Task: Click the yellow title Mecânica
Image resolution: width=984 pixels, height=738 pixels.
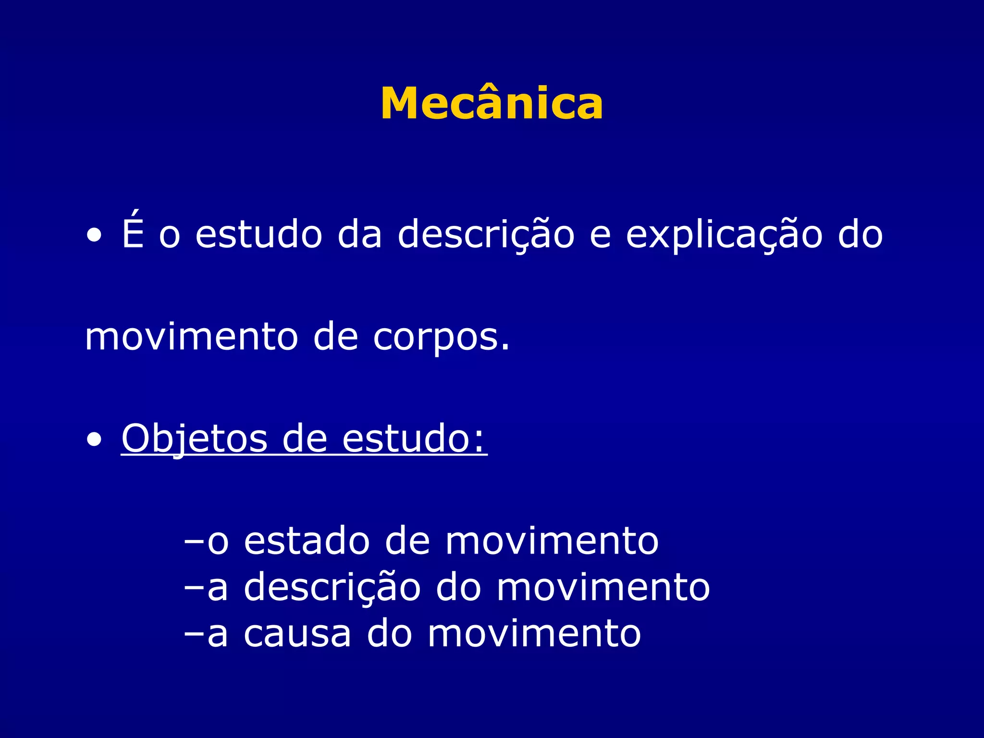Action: (x=492, y=103)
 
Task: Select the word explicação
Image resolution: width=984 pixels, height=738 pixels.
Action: (x=724, y=235)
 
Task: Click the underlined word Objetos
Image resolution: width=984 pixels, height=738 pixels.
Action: (x=194, y=439)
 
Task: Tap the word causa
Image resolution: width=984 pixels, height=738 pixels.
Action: (x=297, y=634)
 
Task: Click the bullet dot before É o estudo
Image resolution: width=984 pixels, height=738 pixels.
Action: (x=95, y=236)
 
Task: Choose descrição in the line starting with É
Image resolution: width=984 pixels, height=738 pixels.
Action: (x=486, y=235)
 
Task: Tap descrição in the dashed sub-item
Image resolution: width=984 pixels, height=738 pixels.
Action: (x=332, y=588)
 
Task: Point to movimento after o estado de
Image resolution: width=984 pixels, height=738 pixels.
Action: (x=552, y=541)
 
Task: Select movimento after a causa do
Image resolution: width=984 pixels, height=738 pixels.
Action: (x=534, y=634)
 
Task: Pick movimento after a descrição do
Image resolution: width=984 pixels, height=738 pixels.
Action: (x=603, y=587)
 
